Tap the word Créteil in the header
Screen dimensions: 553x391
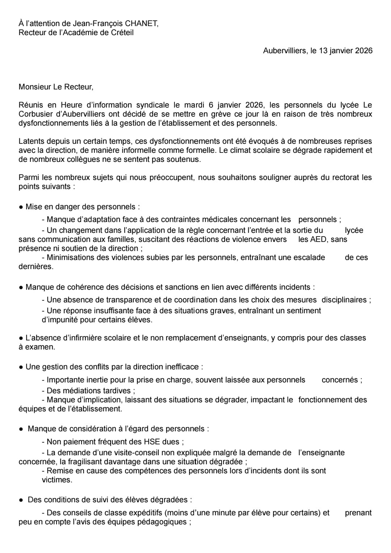click(122, 33)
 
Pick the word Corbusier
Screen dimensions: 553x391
click(36, 114)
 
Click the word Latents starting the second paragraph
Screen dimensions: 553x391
click(31, 141)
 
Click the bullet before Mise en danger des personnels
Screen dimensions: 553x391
click(21, 207)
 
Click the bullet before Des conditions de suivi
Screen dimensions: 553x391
click(21, 500)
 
